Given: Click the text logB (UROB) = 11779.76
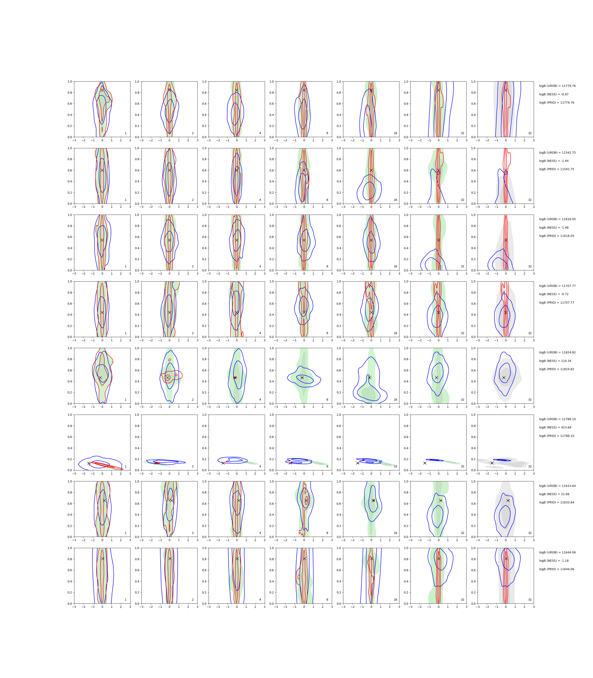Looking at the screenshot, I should (557, 86).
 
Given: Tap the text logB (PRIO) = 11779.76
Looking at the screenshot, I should (557, 103).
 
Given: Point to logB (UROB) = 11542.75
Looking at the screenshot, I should (557, 153).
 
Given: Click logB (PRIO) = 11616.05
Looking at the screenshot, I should (557, 236).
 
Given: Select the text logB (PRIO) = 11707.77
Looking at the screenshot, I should (557, 303).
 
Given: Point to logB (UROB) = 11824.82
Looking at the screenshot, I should (557, 353).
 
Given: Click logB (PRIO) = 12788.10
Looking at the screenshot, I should (557, 436).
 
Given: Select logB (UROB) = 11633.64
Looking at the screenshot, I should (557, 486).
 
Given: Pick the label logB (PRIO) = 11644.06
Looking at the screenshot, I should (557, 570).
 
